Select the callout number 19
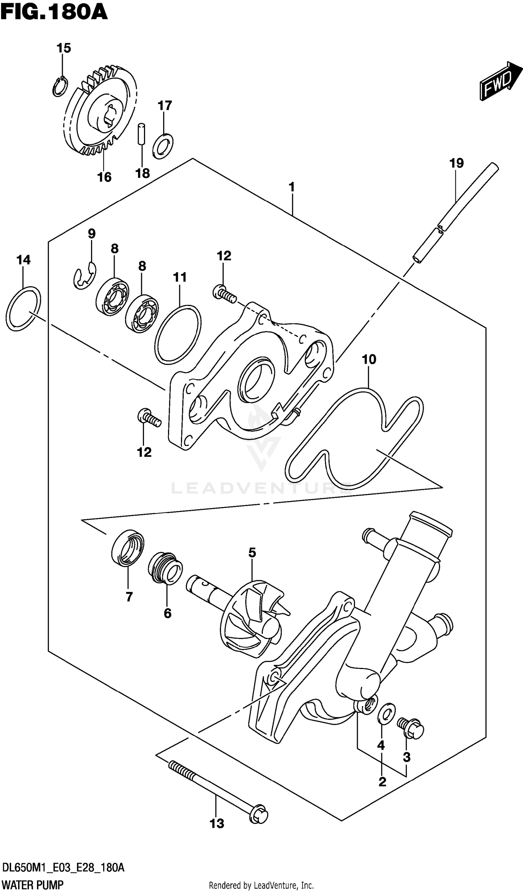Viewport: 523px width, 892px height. click(x=456, y=163)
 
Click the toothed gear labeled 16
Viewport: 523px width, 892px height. click(x=101, y=112)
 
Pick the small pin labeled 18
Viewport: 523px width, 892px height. click(x=142, y=133)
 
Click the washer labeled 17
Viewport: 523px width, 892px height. click(x=163, y=145)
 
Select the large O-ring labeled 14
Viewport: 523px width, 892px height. click(x=23, y=308)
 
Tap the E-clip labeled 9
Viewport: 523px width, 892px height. click(x=84, y=276)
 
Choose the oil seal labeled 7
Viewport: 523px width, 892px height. click(x=127, y=548)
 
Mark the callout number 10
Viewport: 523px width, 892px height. click(x=369, y=359)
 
